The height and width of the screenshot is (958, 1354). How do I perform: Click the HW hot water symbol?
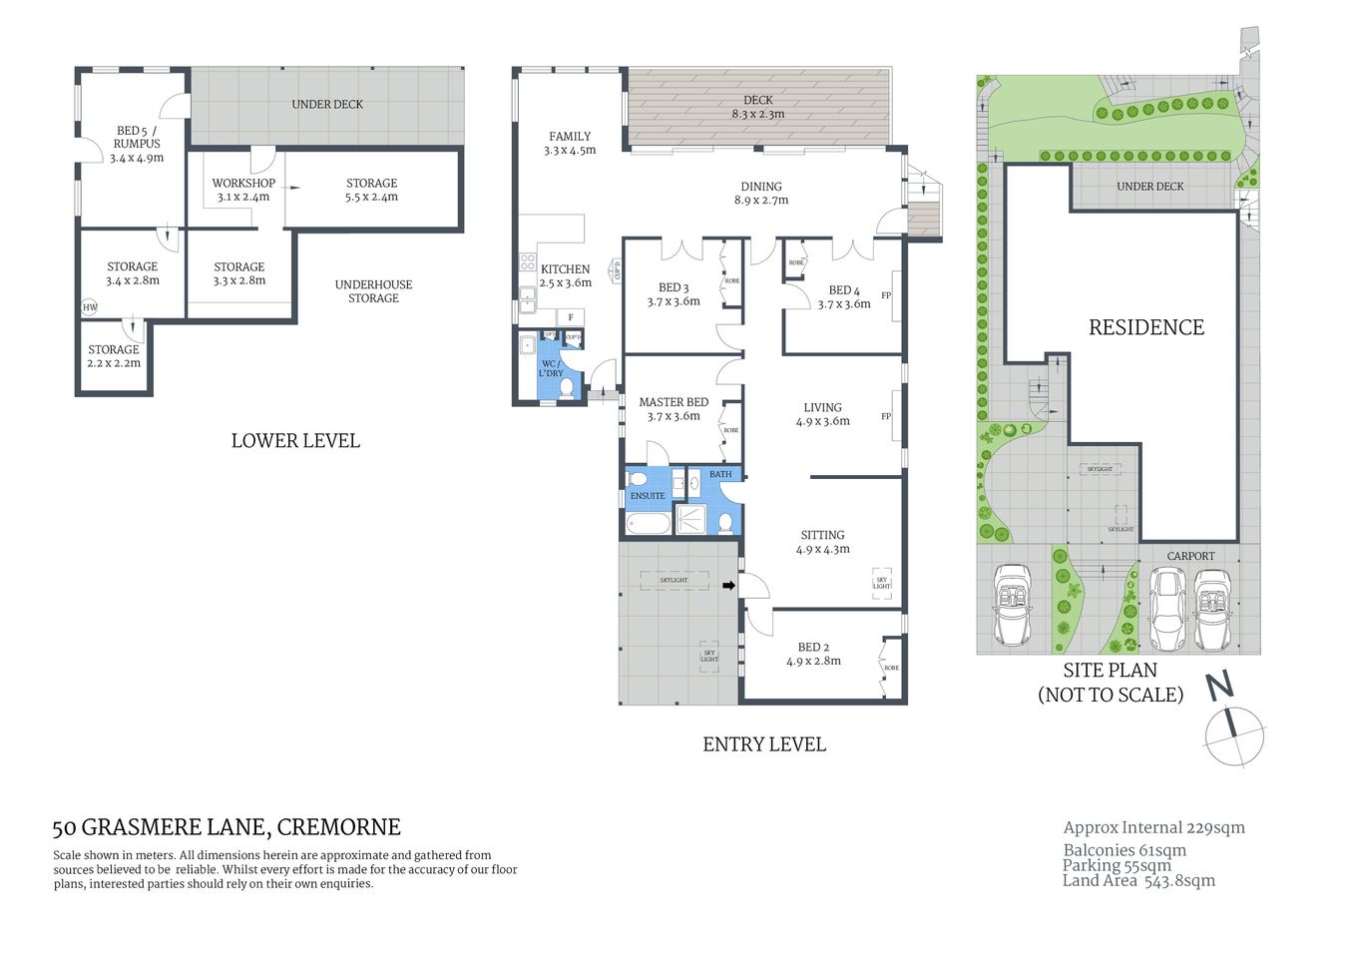(x=90, y=307)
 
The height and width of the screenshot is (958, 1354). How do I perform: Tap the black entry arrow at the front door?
(x=728, y=586)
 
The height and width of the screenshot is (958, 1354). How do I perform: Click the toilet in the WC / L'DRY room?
(x=567, y=388)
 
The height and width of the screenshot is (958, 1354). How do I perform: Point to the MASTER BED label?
(x=674, y=402)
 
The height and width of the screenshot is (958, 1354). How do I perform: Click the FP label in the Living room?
(x=886, y=416)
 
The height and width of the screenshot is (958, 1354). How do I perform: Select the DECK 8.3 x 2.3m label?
(x=758, y=107)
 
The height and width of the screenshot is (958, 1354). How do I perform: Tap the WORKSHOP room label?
(x=243, y=184)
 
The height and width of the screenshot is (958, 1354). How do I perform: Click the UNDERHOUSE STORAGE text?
(x=373, y=291)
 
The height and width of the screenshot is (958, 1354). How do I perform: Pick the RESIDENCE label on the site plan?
(x=1145, y=327)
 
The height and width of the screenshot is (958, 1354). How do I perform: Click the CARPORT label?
(x=1190, y=556)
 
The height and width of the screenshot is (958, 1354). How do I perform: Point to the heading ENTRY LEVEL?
(x=764, y=744)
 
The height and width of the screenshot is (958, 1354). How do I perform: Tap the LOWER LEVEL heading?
(x=295, y=441)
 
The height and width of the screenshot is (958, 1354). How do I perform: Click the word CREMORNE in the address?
(x=338, y=827)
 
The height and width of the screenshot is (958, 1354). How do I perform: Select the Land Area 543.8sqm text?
(x=1138, y=881)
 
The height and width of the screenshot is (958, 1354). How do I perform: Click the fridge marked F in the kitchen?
(x=571, y=317)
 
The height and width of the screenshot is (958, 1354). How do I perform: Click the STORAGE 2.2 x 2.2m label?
(x=114, y=356)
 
